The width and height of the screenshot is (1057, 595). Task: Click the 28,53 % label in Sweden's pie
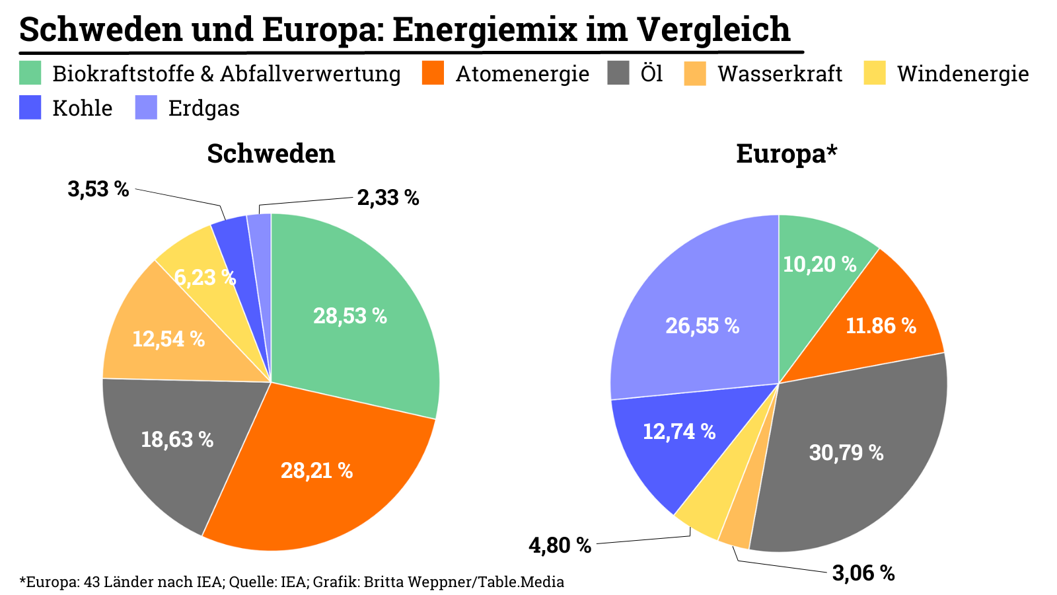click(x=349, y=316)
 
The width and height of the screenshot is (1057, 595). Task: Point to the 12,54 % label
click(x=168, y=339)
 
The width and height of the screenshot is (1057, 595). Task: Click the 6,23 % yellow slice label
click(x=205, y=277)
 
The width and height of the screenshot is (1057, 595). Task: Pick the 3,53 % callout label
click(x=98, y=189)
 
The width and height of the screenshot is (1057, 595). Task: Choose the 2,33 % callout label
click(x=388, y=198)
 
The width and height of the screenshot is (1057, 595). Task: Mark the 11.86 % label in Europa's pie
click(x=881, y=326)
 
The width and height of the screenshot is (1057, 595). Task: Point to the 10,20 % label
click(x=819, y=264)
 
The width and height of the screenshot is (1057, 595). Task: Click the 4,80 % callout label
click(x=560, y=545)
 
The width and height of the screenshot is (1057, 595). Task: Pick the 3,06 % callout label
click(x=863, y=573)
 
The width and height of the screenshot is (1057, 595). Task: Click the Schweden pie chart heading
click(x=271, y=153)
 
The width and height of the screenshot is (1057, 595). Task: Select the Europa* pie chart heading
click(x=786, y=153)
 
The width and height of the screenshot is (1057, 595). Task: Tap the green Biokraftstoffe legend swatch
click(x=30, y=73)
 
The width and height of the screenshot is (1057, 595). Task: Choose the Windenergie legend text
click(x=963, y=73)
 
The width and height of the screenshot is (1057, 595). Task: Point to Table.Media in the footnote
click(x=521, y=582)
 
